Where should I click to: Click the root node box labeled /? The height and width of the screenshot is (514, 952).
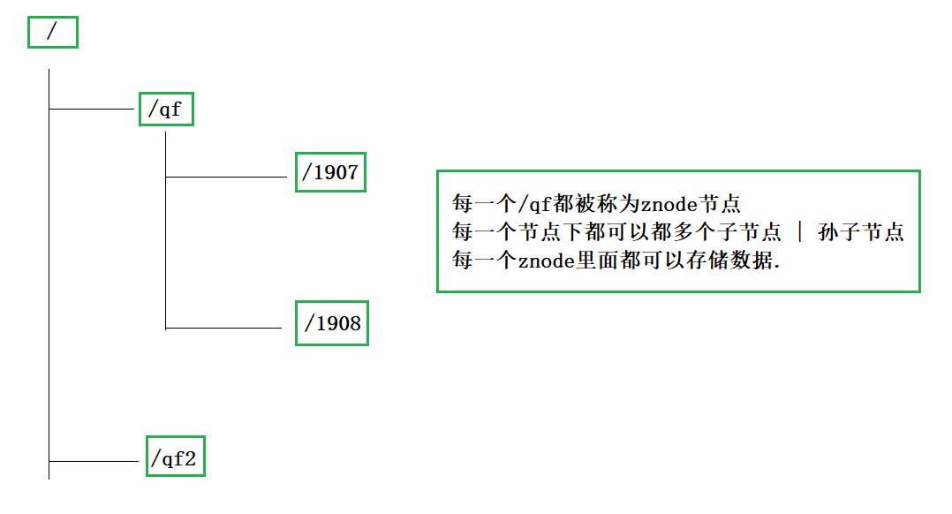tap(52, 32)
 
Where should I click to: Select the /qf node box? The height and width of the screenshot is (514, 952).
tap(166, 110)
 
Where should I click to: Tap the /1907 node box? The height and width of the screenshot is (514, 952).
tap(330, 172)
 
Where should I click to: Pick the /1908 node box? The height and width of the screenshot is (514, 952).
tap(331, 324)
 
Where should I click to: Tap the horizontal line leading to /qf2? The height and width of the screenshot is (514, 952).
tap(95, 461)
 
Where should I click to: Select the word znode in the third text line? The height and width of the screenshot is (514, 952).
tap(545, 261)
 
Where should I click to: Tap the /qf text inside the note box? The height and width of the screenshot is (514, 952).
tap(534, 204)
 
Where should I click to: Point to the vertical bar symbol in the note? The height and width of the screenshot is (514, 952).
tap(800, 232)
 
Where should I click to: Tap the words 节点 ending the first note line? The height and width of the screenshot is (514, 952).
tap(719, 204)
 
